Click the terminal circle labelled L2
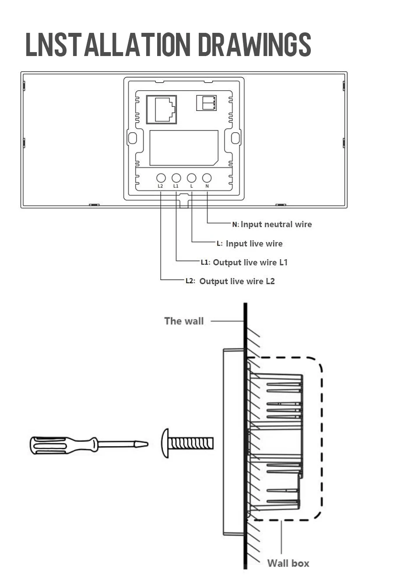tap(161, 178)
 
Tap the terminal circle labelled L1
tap(176, 178)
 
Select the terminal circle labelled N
tap(207, 178)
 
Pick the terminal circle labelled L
tap(191, 178)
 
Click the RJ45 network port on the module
tap(161, 109)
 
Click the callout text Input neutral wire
tap(276, 225)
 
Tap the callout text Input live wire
tap(254, 243)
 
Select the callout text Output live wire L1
tap(250, 262)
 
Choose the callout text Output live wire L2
tap(237, 281)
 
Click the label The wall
tap(184, 321)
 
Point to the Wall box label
tap(288, 563)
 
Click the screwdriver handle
tap(61, 444)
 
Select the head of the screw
tap(165, 444)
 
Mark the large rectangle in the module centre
tap(184, 148)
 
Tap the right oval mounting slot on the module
tap(236, 138)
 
